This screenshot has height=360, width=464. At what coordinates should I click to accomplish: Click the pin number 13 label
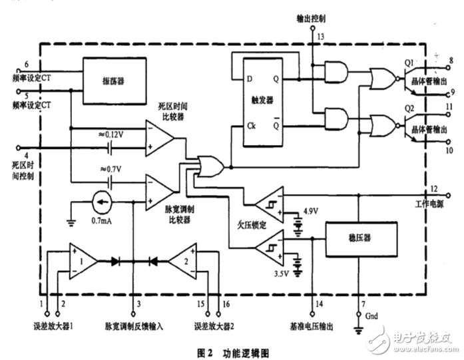[x=320, y=35]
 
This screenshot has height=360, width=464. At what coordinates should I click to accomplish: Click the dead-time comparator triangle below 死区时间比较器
[x=159, y=138]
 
